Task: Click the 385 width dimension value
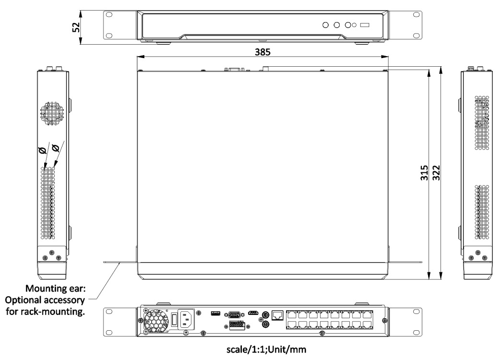click(x=262, y=52)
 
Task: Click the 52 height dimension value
click(x=76, y=27)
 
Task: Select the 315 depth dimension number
click(x=424, y=173)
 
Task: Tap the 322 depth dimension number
click(x=436, y=173)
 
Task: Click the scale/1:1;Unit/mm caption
click(x=266, y=349)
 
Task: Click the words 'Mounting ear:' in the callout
click(x=56, y=288)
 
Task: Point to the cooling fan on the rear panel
click(x=156, y=321)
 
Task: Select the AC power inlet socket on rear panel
click(x=186, y=319)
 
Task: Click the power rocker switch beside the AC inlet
click(x=174, y=320)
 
